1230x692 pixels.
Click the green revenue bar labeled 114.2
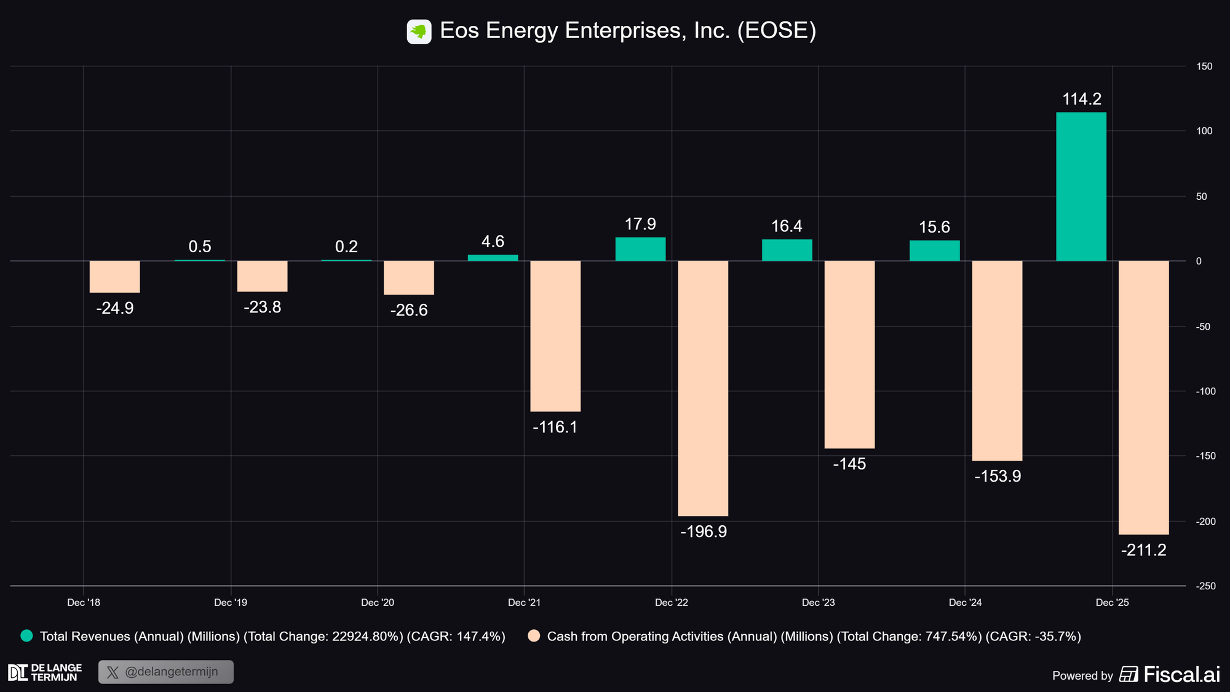pos(1081,186)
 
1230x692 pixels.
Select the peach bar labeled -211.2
pos(1143,397)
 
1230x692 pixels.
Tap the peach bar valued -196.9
pos(703,388)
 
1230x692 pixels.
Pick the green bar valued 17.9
pos(640,249)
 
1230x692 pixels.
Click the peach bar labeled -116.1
pos(555,336)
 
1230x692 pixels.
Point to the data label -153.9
pos(998,477)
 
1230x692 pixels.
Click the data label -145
pos(849,464)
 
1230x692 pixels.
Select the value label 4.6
pos(493,242)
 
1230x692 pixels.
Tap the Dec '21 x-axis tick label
pos(524,603)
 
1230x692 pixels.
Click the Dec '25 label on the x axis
pos(1112,603)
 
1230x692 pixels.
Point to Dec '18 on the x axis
pos(84,603)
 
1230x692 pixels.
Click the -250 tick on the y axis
pos(1205,586)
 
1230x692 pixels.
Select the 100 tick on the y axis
pos(1204,131)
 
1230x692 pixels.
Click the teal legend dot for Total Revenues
pos(26,636)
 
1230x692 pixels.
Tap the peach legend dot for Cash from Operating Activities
pos(534,636)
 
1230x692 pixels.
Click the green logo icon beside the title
pos(419,31)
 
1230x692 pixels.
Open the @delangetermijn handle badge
pos(166,672)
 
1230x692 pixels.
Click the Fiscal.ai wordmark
pos(1181,675)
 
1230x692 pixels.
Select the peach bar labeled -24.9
pos(114,277)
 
